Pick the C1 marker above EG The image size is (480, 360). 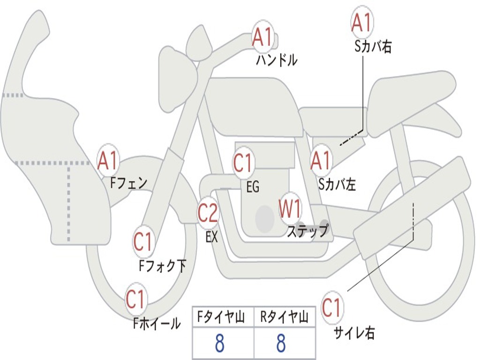pos(244,162)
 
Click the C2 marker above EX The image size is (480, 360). pos(208,212)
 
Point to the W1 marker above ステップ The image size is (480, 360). pos(290,208)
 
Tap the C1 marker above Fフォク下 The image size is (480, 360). pos(143,242)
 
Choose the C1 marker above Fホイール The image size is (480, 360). pos(136,299)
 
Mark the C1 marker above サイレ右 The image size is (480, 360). pos(332,307)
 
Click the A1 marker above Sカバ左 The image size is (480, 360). pos(321,160)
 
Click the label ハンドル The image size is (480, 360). pos(277,60)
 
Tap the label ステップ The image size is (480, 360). pos(308,231)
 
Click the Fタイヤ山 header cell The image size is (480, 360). pos(223,317)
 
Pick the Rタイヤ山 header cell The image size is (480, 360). pos(285,317)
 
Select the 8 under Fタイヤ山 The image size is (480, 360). pos(220,343)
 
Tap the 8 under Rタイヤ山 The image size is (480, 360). pos(281,343)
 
